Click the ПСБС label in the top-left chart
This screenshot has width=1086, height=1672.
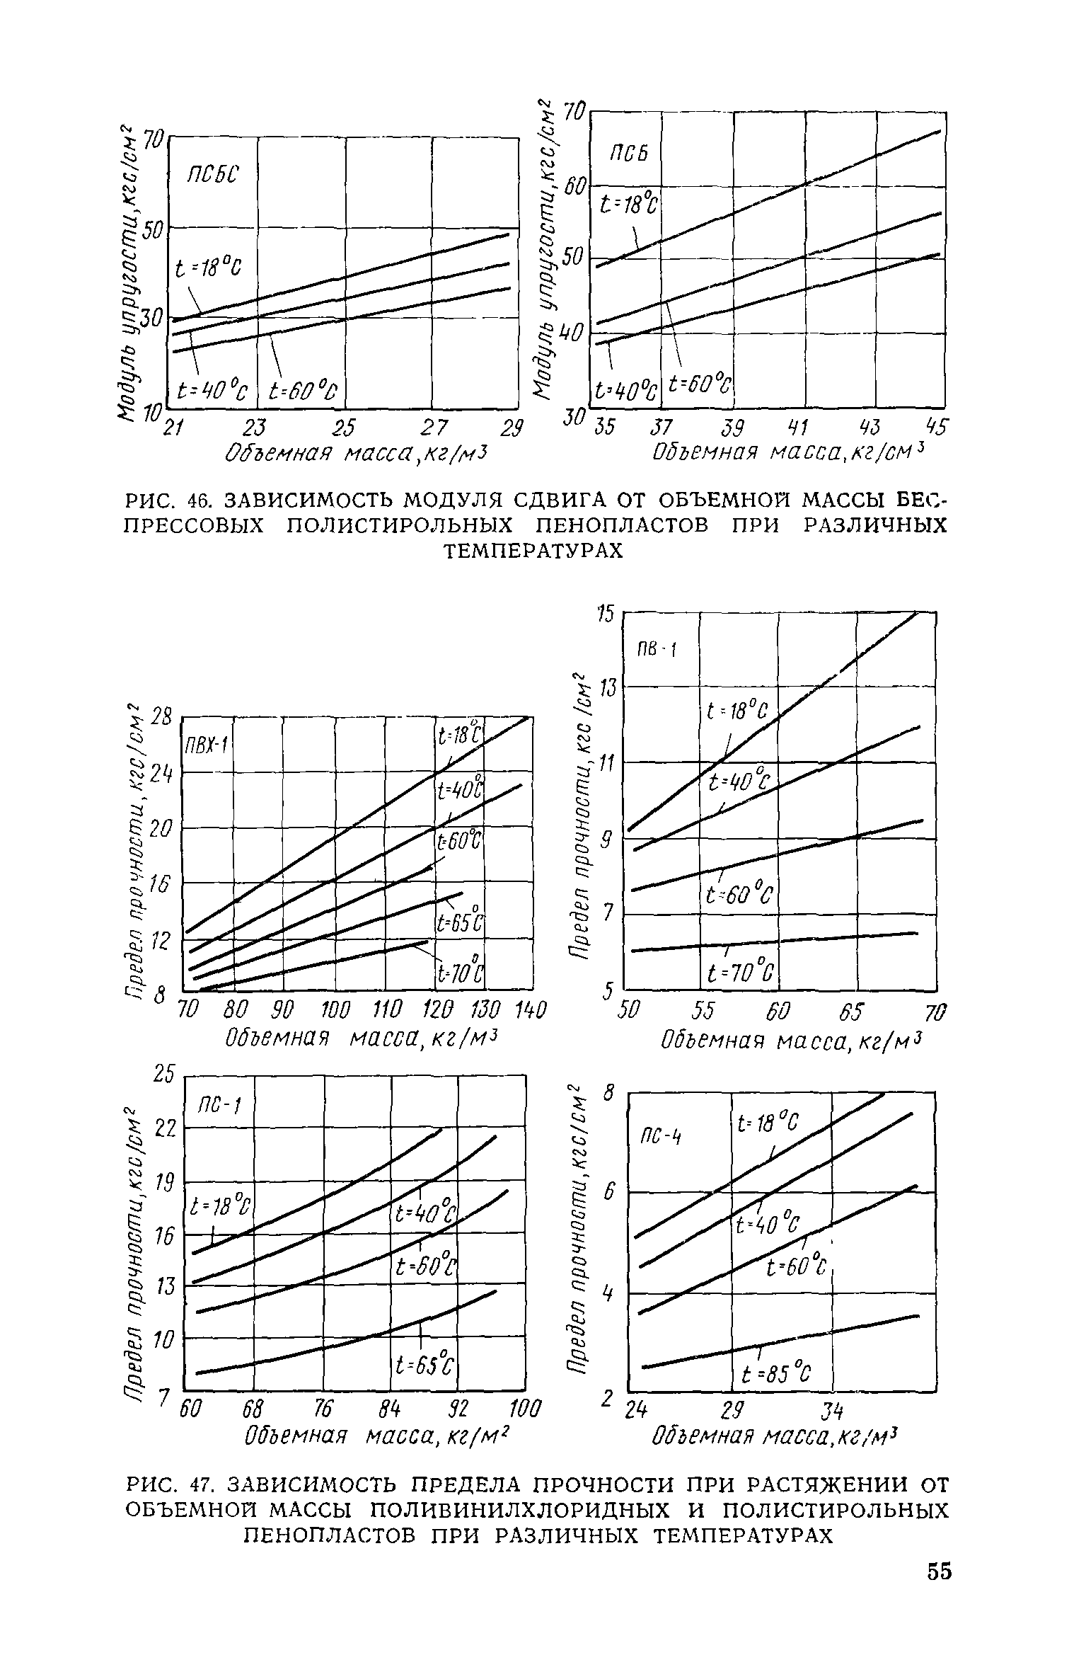pos(214,174)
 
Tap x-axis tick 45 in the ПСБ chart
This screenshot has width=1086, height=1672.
pos(935,428)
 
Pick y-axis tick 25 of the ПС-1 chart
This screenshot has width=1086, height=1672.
pos(163,1075)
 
